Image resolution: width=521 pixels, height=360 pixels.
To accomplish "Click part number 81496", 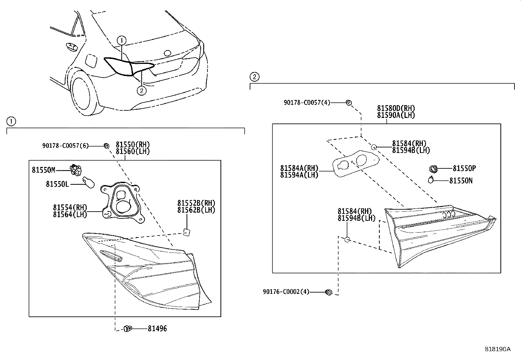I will coord(157,329).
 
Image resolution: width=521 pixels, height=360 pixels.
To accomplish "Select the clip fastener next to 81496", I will coord(128,329).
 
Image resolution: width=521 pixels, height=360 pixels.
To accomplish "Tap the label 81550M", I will coord(44,170).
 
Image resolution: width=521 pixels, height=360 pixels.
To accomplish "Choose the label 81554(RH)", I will coord(70,207).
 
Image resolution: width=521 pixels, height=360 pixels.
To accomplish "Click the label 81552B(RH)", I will coord(196,203).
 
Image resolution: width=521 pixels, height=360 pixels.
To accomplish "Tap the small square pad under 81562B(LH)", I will coord(187,232).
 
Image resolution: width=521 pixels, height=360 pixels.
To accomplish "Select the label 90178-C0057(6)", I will coord(65,145).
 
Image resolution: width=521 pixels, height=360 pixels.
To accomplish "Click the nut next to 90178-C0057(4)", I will coord(349,103).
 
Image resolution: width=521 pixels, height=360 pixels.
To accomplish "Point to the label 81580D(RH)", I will coord(396,108).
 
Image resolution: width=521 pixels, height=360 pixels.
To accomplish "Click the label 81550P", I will coord(464,168).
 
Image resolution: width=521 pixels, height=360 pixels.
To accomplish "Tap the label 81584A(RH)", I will coord(299,168).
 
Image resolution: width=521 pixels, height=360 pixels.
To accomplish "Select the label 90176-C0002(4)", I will coord(286,292).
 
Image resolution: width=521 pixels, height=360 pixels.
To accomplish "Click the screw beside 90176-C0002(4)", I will coord(329,292).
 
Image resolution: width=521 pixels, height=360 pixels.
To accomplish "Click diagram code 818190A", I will coord(497,349).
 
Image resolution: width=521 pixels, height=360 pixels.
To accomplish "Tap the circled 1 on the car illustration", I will coord(121,41).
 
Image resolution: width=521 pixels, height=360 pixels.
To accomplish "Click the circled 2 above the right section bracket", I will coord(254,77).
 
